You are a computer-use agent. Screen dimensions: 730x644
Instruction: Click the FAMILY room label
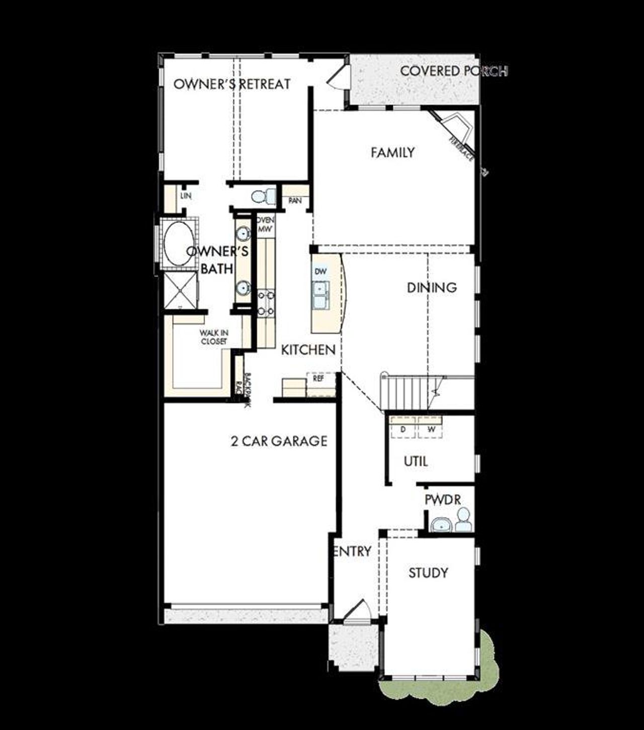click(392, 152)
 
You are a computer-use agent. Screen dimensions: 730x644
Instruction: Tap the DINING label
click(432, 288)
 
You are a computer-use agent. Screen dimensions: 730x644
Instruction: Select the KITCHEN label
click(308, 350)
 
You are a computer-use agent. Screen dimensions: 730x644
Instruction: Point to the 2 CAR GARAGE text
click(279, 441)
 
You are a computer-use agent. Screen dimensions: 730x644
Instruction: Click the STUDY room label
click(428, 573)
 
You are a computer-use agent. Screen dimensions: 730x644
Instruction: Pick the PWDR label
click(443, 500)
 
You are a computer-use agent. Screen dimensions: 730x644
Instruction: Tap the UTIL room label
click(416, 461)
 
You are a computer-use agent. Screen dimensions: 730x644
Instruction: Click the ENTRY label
click(353, 552)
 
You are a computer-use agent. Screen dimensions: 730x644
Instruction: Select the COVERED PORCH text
click(453, 71)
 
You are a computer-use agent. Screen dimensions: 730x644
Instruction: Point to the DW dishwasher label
click(320, 271)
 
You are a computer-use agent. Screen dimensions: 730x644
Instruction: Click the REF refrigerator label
click(318, 379)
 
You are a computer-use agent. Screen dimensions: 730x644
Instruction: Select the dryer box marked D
click(403, 429)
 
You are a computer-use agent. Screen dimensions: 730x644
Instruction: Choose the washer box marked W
click(431, 429)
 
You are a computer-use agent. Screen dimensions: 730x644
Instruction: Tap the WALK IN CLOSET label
click(214, 337)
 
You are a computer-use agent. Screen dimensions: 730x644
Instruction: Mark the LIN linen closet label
click(186, 196)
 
